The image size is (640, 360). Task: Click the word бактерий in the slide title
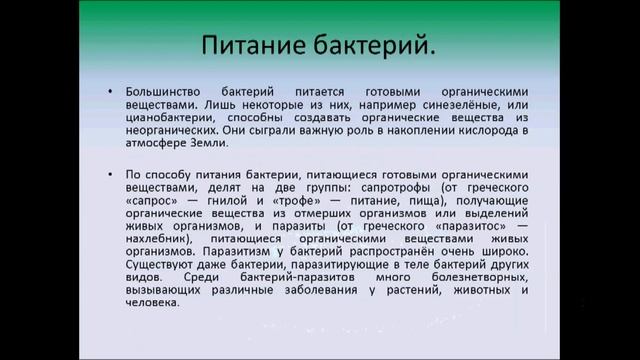click(x=375, y=47)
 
